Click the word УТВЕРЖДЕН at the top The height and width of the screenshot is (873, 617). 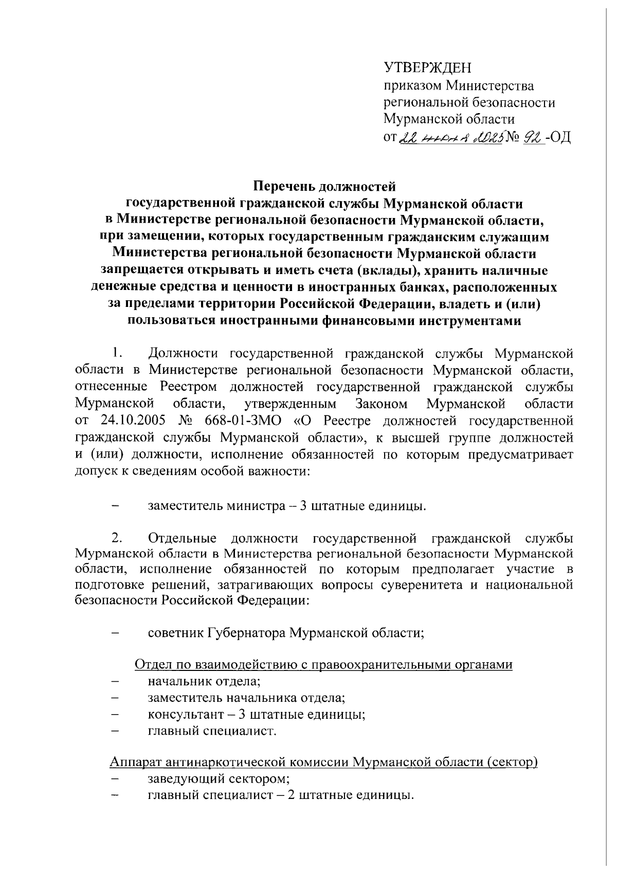click(x=428, y=67)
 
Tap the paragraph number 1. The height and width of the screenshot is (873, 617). click(x=116, y=353)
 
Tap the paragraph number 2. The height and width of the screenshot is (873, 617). click(x=116, y=538)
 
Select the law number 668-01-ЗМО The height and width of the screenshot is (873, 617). click(x=243, y=421)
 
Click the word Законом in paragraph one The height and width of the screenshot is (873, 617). click(x=381, y=404)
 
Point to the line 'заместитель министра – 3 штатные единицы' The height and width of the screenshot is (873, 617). click(x=286, y=505)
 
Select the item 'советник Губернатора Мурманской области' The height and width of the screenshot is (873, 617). click(x=285, y=632)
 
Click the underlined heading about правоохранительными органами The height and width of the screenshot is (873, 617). click(x=323, y=665)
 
